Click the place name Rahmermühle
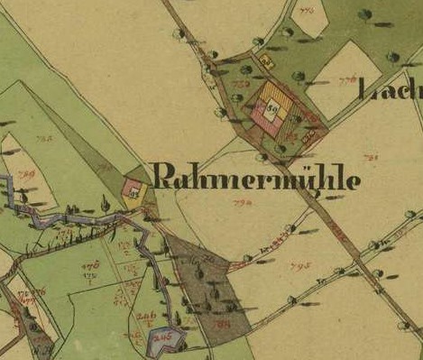tap(257, 178)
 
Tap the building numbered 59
tap(271, 108)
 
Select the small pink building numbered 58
tap(132, 189)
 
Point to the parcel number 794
tap(241, 205)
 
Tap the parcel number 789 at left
tap(25, 174)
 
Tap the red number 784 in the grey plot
tap(222, 323)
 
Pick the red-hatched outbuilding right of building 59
tap(309, 136)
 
